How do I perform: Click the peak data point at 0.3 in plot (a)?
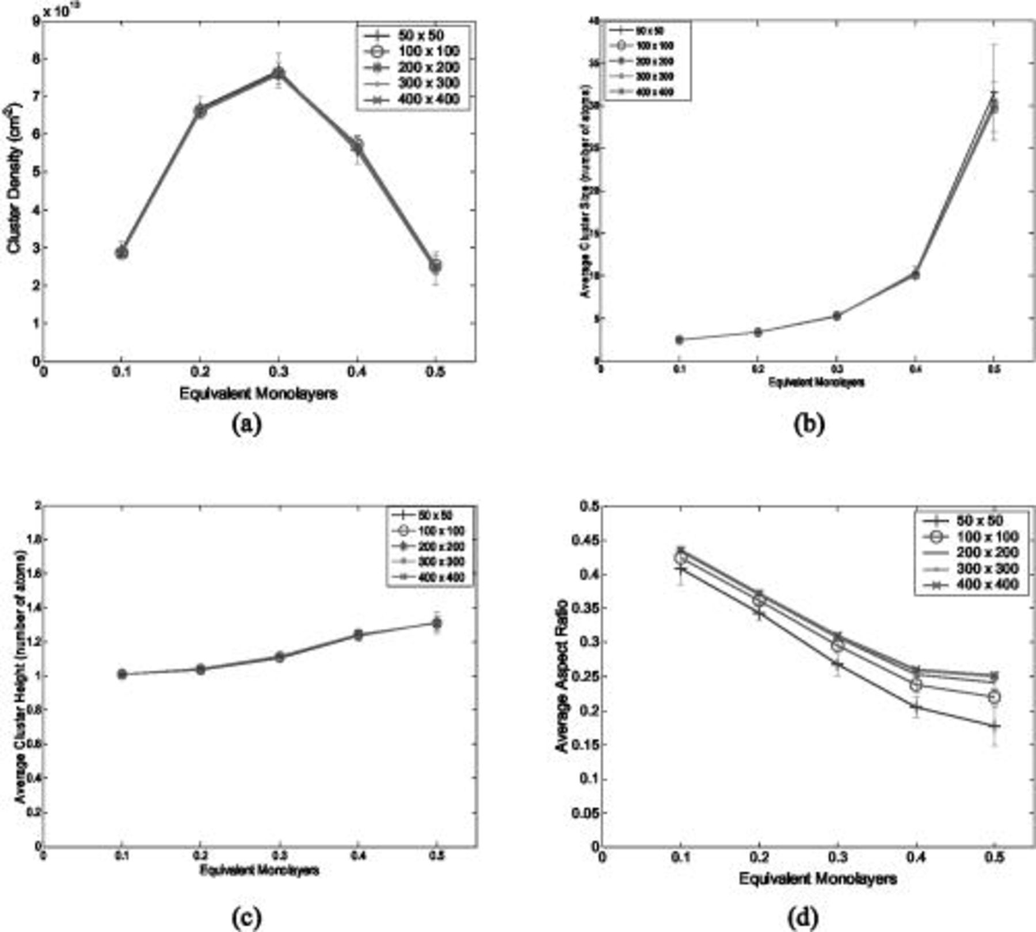tap(279, 73)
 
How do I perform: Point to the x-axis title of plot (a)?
tap(258, 394)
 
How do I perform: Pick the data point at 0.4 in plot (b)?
tap(915, 274)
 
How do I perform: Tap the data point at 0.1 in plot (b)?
tap(679, 339)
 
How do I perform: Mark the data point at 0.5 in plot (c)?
tap(437, 623)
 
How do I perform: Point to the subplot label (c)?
tap(246, 916)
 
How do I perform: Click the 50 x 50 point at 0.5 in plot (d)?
tap(994, 727)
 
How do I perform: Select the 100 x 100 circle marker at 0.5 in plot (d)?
tap(994, 697)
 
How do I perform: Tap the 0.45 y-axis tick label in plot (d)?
tap(584, 541)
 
